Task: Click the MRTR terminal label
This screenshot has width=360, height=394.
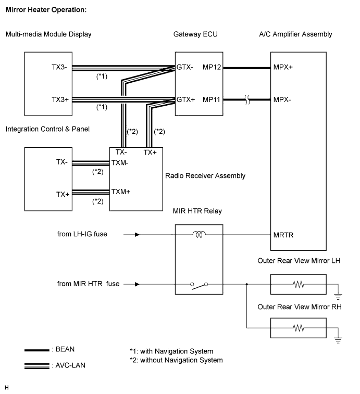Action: pyautogui.click(x=283, y=235)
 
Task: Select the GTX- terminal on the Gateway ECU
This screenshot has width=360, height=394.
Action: pyautogui.click(x=184, y=67)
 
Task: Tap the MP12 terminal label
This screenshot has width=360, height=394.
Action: pyautogui.click(x=212, y=67)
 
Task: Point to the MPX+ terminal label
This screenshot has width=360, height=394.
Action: pyautogui.click(x=283, y=67)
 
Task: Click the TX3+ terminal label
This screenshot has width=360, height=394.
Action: pyautogui.click(x=60, y=99)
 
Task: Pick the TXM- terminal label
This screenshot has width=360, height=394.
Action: pyautogui.click(x=120, y=163)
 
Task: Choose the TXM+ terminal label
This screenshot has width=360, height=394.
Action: pyautogui.click(x=121, y=192)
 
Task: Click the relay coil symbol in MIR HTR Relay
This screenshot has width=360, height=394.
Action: pyautogui.click(x=199, y=234)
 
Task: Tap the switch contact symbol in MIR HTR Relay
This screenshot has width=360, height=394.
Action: pyautogui.click(x=199, y=286)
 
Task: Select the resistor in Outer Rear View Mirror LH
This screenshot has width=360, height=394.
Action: pyautogui.click(x=299, y=285)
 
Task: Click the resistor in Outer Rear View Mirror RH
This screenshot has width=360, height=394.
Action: pyautogui.click(x=299, y=328)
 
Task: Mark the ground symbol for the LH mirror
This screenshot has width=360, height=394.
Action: pyautogui.click(x=338, y=297)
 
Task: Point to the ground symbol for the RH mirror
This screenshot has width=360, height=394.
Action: pyautogui.click(x=338, y=340)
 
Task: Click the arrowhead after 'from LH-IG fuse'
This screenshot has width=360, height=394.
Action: pyautogui.click(x=137, y=234)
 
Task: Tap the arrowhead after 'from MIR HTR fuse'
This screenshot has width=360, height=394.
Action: pyautogui.click(x=137, y=284)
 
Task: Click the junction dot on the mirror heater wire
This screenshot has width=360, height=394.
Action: pyautogui.click(x=247, y=284)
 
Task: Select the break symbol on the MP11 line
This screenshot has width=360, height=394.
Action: pyautogui.click(x=247, y=100)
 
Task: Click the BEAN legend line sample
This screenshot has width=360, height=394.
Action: pyautogui.click(x=37, y=350)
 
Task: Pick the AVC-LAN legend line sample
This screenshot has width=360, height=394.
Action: pyautogui.click(x=37, y=366)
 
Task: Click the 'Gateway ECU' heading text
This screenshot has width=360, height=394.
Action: pyautogui.click(x=195, y=34)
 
